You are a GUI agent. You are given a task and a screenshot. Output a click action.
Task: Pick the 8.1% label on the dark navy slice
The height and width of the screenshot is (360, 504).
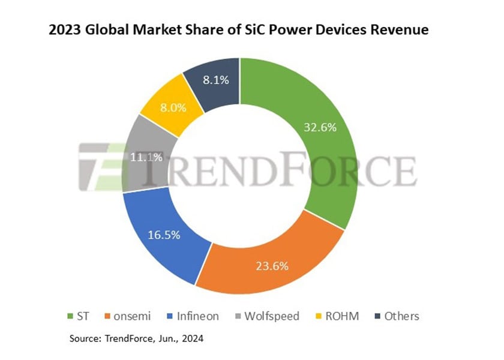click(214, 80)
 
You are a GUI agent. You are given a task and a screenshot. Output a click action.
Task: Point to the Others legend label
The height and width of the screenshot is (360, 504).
click(402, 316)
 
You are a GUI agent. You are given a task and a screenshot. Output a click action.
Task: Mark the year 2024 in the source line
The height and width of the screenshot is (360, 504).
click(191, 339)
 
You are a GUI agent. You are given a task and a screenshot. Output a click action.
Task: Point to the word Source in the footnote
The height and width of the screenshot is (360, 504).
click(86, 339)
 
